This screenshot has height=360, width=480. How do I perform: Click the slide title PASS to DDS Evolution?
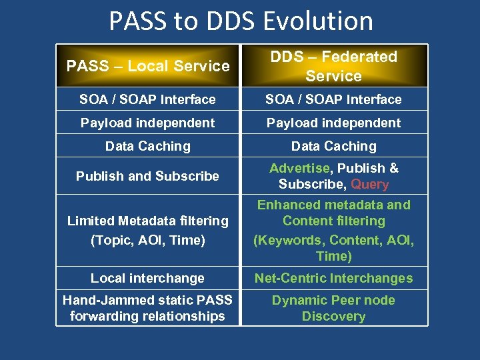click(241, 21)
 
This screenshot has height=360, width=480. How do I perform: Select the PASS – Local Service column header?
click(148, 66)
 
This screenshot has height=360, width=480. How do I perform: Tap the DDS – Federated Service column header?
click(333, 66)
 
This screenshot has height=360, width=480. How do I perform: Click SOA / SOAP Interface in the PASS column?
click(147, 99)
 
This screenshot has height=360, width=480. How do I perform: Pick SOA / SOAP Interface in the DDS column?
click(333, 99)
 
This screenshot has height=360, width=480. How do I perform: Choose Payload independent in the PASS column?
click(147, 123)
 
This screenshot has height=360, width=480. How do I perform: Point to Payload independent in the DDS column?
click(333, 123)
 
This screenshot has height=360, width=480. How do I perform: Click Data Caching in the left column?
click(147, 146)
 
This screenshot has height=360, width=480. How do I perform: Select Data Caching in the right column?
click(333, 146)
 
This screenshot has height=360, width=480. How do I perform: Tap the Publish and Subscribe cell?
click(147, 176)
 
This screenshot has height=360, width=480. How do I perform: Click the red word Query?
click(369, 185)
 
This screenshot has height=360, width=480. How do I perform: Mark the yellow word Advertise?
click(299, 169)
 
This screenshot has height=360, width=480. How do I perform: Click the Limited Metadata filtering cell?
click(147, 230)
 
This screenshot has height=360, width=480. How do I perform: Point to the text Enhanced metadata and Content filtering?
click(333, 213)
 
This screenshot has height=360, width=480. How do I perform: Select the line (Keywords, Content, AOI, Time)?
click(333, 248)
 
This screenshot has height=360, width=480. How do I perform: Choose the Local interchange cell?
click(147, 278)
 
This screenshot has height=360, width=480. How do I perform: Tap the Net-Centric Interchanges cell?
click(333, 278)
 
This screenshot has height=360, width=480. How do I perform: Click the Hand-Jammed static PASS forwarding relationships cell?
click(147, 308)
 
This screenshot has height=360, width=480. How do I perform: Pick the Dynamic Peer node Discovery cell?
click(333, 308)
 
